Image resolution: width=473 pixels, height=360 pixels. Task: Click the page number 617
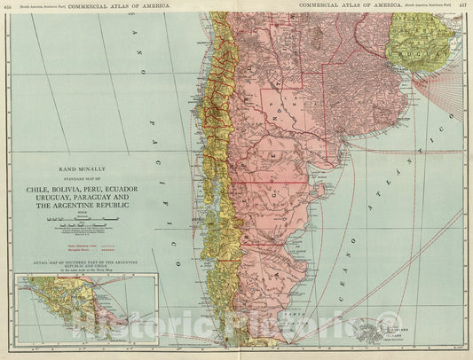[463, 4]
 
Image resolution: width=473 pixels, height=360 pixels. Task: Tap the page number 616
[8, 4]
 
